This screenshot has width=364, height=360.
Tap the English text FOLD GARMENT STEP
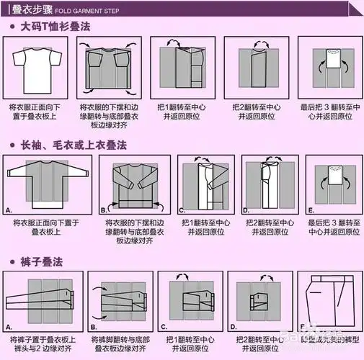84,11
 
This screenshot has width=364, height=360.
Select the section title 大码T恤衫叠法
60,26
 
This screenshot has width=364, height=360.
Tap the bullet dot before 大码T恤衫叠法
13,27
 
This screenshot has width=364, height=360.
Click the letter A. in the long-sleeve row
9,211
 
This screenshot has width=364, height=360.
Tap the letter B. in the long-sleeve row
104,210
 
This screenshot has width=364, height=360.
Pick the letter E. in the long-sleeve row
311,210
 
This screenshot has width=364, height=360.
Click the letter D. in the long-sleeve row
245,210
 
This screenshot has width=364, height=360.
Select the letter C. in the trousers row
164,326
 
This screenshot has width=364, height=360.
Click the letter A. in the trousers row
9,326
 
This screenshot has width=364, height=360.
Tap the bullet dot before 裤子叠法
13,261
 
